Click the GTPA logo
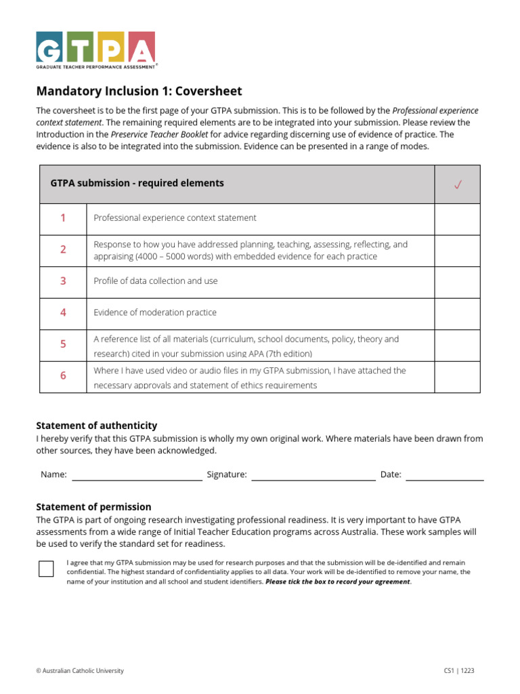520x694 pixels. pyautogui.click(x=95, y=49)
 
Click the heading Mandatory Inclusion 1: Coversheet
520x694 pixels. pyautogui.click(x=139, y=91)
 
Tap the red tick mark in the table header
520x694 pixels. pyautogui.click(x=458, y=184)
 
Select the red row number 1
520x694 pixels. pyautogui.click(x=63, y=218)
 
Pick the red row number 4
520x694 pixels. pyautogui.click(x=63, y=312)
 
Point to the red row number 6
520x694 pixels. pyautogui.click(x=63, y=375)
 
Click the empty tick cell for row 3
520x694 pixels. pyautogui.click(x=457, y=281)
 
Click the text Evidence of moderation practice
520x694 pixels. pyautogui.click(x=155, y=312)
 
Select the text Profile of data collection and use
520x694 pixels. pyautogui.click(x=156, y=281)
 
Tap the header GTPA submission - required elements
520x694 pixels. pyautogui.click(x=137, y=183)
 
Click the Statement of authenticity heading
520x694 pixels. pyautogui.click(x=96, y=426)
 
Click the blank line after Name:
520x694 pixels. pyautogui.click(x=137, y=476)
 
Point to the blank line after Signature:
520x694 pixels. pyautogui.click(x=313, y=476)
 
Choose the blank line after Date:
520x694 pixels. pyautogui.click(x=444, y=476)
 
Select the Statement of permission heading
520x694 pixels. pyautogui.click(x=93, y=507)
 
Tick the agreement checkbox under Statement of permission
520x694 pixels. pyautogui.click(x=46, y=568)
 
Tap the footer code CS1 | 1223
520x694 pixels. pyautogui.click(x=454, y=671)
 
